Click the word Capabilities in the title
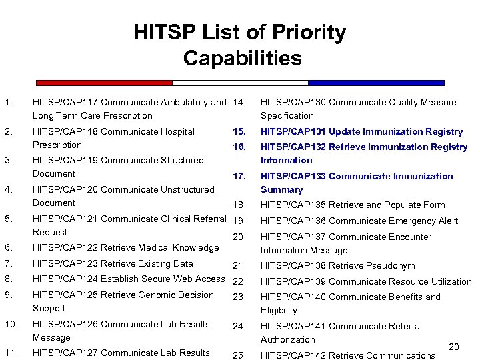click(x=243, y=58)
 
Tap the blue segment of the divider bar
click(x=376, y=83)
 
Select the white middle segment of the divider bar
click(x=240, y=83)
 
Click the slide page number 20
click(x=454, y=347)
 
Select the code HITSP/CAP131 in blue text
click(x=292, y=131)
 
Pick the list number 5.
click(x=7, y=219)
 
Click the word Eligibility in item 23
click(x=279, y=311)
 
